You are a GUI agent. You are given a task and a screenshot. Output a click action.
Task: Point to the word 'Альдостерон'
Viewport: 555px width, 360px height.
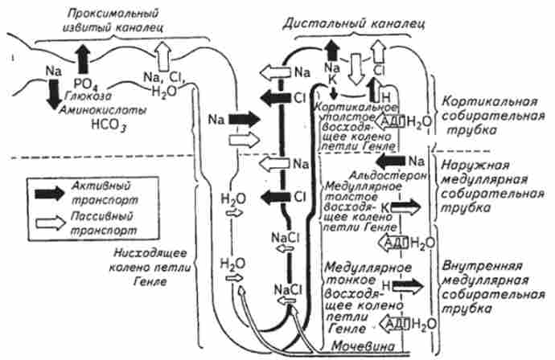(378, 175)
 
